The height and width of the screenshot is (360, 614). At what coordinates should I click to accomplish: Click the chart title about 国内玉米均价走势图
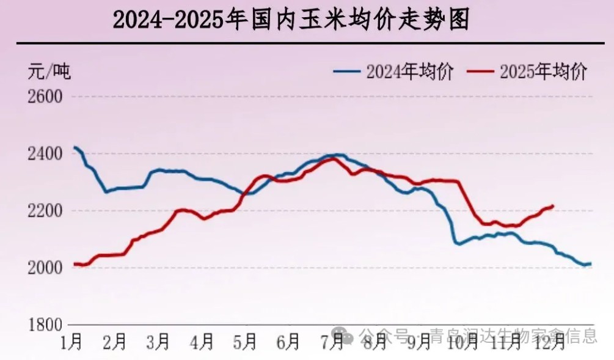(291, 21)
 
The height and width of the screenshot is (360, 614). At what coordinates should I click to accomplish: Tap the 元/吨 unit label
(49, 72)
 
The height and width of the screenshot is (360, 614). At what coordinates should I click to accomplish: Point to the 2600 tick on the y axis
(45, 97)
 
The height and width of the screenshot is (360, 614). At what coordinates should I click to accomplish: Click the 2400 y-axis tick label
(45, 153)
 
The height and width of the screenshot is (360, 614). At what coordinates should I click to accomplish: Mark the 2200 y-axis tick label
(45, 211)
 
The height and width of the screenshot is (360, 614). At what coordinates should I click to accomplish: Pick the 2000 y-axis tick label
(45, 268)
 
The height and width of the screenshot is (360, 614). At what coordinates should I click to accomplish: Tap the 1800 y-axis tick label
(45, 325)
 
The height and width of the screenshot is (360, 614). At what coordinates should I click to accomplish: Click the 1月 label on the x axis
(72, 342)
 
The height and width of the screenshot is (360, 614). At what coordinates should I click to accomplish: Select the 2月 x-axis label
(115, 342)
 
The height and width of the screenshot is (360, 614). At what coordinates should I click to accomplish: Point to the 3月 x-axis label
(158, 342)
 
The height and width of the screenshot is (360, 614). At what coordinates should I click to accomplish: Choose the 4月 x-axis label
(202, 342)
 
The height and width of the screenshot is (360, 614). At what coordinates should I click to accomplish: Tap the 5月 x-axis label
(245, 342)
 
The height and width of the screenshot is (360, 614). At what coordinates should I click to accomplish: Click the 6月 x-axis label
(288, 342)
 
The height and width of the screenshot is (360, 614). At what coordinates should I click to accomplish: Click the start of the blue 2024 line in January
(74, 147)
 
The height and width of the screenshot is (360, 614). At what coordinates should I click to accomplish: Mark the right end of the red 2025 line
(553, 206)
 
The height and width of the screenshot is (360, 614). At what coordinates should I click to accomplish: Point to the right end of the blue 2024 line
(590, 263)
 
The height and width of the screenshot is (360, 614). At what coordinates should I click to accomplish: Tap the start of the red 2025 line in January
(74, 264)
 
